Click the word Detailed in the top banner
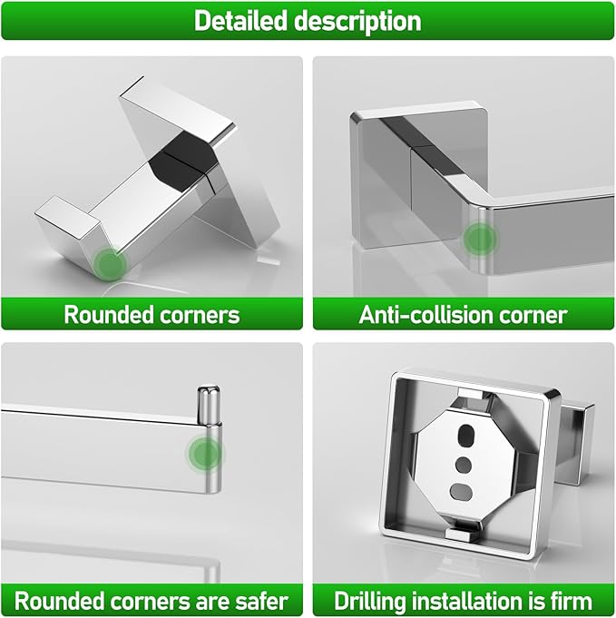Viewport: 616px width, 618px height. (240, 20)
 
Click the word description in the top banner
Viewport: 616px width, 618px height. (358, 22)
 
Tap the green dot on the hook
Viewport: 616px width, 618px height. (111, 263)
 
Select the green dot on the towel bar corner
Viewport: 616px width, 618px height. (479, 239)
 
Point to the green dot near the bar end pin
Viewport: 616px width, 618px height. (205, 453)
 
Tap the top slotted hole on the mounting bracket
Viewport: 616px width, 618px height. (465, 435)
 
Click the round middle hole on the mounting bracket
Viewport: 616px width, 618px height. (464, 465)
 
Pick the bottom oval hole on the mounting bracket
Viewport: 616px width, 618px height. (460, 491)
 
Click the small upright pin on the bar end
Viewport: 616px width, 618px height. (209, 405)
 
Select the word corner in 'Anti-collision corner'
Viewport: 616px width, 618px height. (540, 316)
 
